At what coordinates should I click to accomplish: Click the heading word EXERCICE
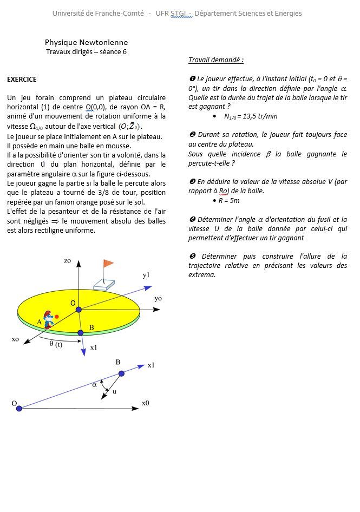click(x=22, y=80)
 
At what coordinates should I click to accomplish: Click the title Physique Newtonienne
click(x=86, y=42)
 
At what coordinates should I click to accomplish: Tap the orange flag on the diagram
click(x=108, y=264)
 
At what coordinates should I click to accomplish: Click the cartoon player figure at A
click(x=49, y=319)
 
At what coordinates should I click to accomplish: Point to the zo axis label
click(x=67, y=261)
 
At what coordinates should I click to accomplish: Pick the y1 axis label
click(x=146, y=275)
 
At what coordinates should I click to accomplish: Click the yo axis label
click(x=158, y=298)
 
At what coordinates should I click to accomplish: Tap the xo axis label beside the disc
click(x=15, y=339)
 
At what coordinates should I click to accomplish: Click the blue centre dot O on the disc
click(x=78, y=309)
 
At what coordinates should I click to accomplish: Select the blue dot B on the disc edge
click(x=81, y=332)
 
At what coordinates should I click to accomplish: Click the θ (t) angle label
click(x=56, y=345)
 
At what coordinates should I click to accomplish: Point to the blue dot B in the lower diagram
click(x=121, y=373)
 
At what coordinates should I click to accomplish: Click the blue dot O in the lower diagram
click(x=19, y=408)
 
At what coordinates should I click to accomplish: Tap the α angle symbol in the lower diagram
click(x=94, y=385)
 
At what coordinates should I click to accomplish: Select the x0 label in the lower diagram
click(x=146, y=403)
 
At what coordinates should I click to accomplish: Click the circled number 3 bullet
click(x=192, y=182)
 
